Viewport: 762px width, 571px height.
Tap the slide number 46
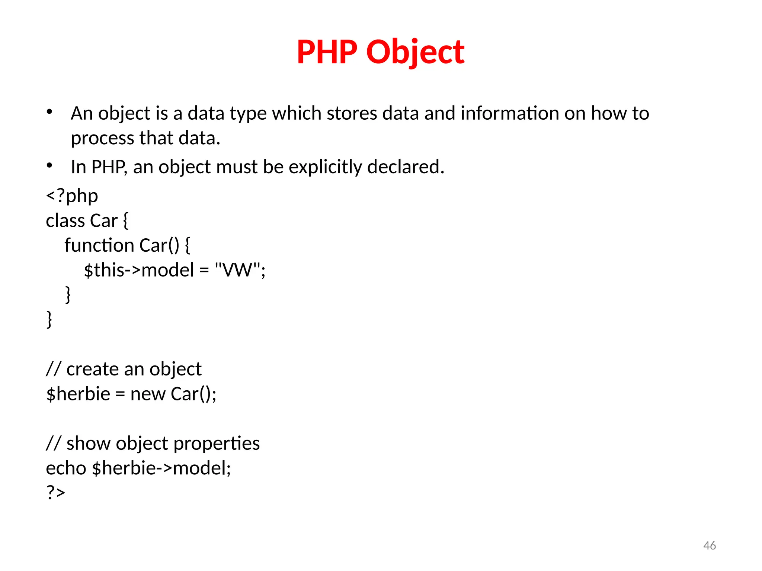710,545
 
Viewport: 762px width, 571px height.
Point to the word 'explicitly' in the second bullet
325,167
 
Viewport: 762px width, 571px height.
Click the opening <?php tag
72,196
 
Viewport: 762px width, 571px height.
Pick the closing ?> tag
55,492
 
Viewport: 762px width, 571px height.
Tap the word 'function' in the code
99,245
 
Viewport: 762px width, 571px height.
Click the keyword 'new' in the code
148,394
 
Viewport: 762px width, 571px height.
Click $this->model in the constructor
139,270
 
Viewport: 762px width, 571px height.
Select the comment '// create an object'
124,369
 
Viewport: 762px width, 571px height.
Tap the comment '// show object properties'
153,443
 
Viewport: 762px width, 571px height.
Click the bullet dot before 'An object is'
49,112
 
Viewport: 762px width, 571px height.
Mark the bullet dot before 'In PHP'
49,165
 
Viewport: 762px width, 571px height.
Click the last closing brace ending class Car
49,320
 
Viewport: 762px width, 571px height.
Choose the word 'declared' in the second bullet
405,167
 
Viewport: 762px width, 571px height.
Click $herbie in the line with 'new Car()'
78,394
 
